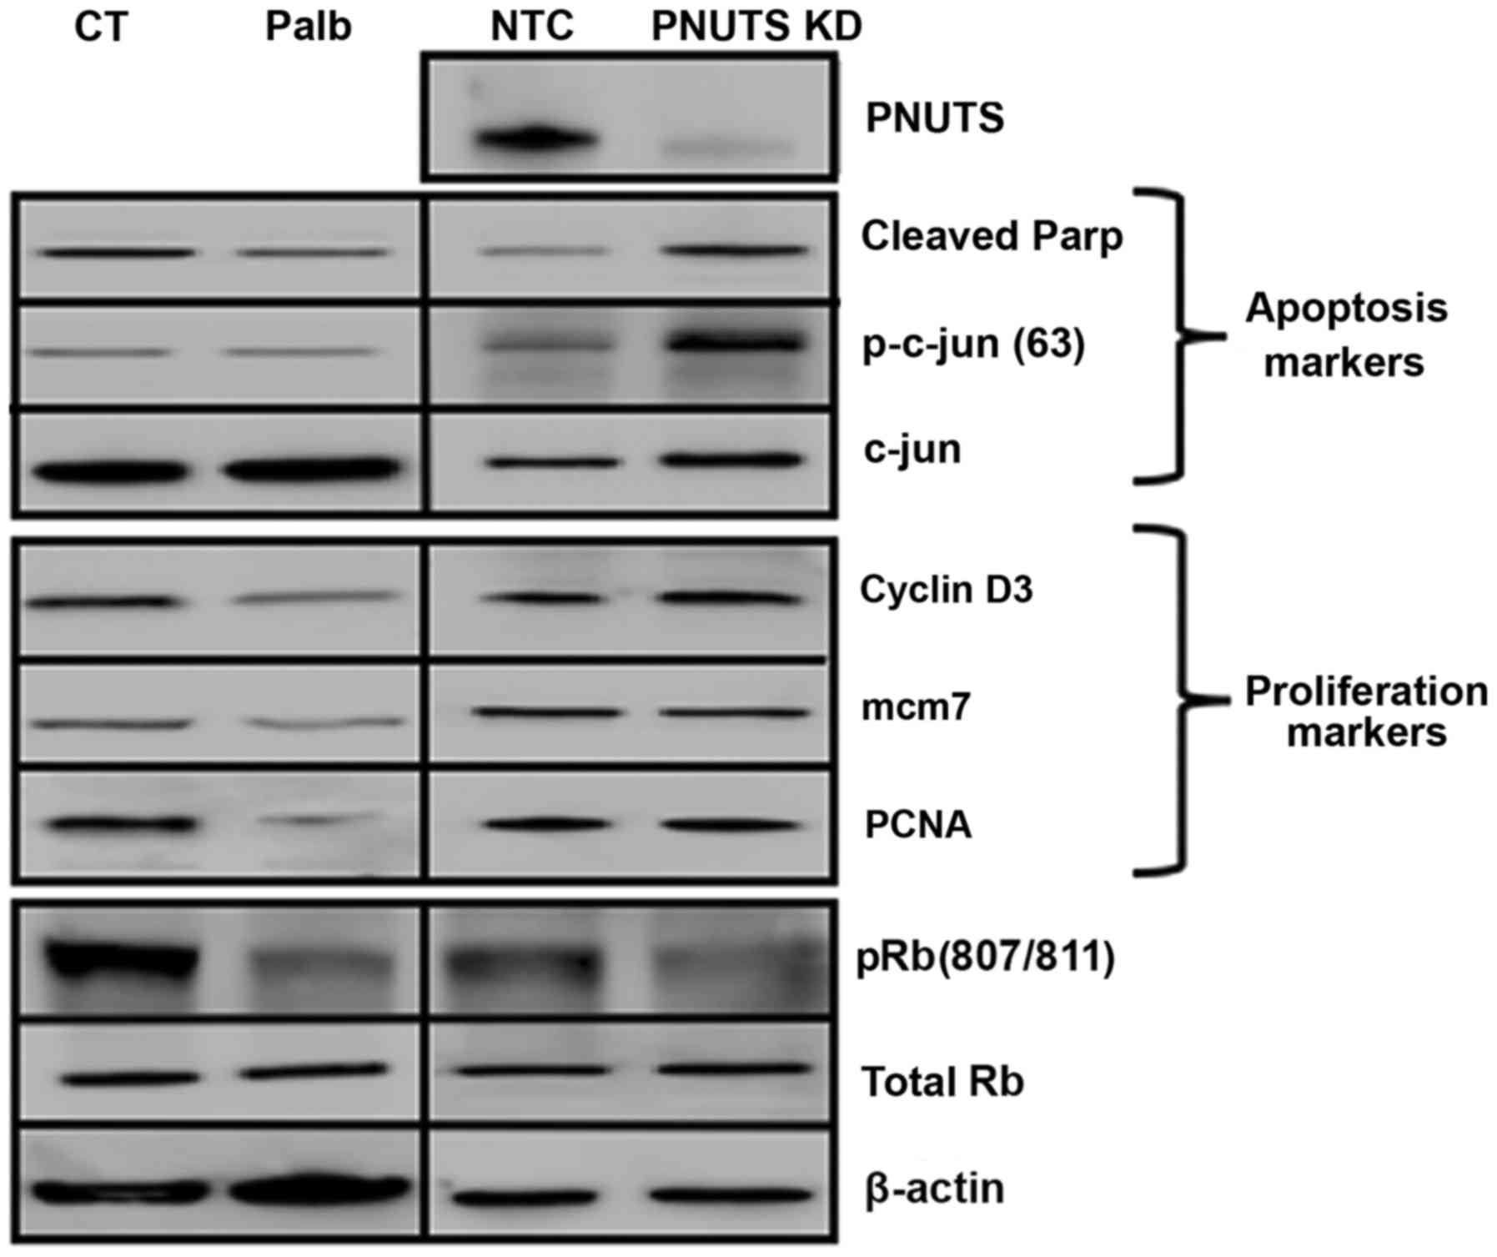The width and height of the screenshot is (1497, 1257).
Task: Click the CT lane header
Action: [101, 28]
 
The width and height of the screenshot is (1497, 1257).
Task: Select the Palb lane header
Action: [308, 28]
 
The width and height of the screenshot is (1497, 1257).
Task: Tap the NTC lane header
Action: [532, 28]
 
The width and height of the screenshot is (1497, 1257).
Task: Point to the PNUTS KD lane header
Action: [756, 28]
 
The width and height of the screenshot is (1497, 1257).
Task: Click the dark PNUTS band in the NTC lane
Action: [535, 138]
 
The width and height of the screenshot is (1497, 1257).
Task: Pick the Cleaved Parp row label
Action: [992, 237]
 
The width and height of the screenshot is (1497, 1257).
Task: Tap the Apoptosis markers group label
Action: [1345, 335]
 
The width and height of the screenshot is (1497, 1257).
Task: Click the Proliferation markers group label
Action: [1365, 711]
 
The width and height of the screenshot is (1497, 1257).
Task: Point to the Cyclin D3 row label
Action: [946, 591]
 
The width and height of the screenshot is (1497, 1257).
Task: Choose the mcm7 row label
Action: [915, 708]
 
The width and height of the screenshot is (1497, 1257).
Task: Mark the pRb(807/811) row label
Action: [986, 959]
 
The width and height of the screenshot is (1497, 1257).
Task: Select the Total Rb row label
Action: [942, 1083]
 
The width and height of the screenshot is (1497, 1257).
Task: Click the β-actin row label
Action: [934, 1189]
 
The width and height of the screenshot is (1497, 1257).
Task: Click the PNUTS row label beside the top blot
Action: [934, 118]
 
